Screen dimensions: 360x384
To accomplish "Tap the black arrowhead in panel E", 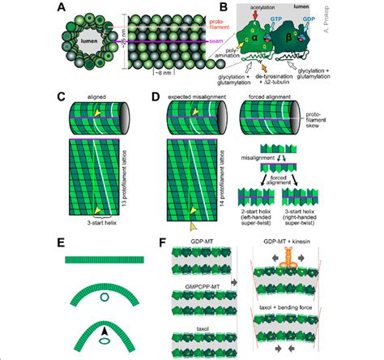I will (x=100, y=328).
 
